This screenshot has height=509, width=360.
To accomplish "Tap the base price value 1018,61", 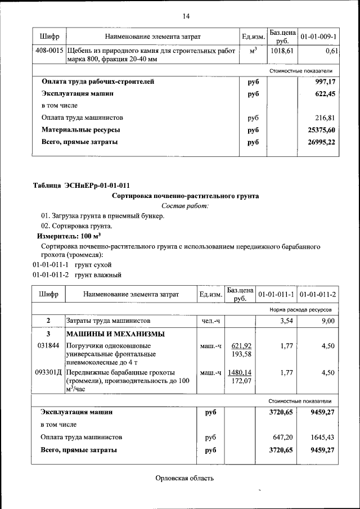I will point(282,51).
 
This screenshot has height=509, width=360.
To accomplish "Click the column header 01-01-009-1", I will point(318,37).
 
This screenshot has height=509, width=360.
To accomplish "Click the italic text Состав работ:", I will point(185,206).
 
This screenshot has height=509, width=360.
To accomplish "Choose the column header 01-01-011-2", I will point(318,295).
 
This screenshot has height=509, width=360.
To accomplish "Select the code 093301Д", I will point(49,372).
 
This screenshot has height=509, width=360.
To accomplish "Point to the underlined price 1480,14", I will point(240,372).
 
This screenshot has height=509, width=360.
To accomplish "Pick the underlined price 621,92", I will point(241,346).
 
